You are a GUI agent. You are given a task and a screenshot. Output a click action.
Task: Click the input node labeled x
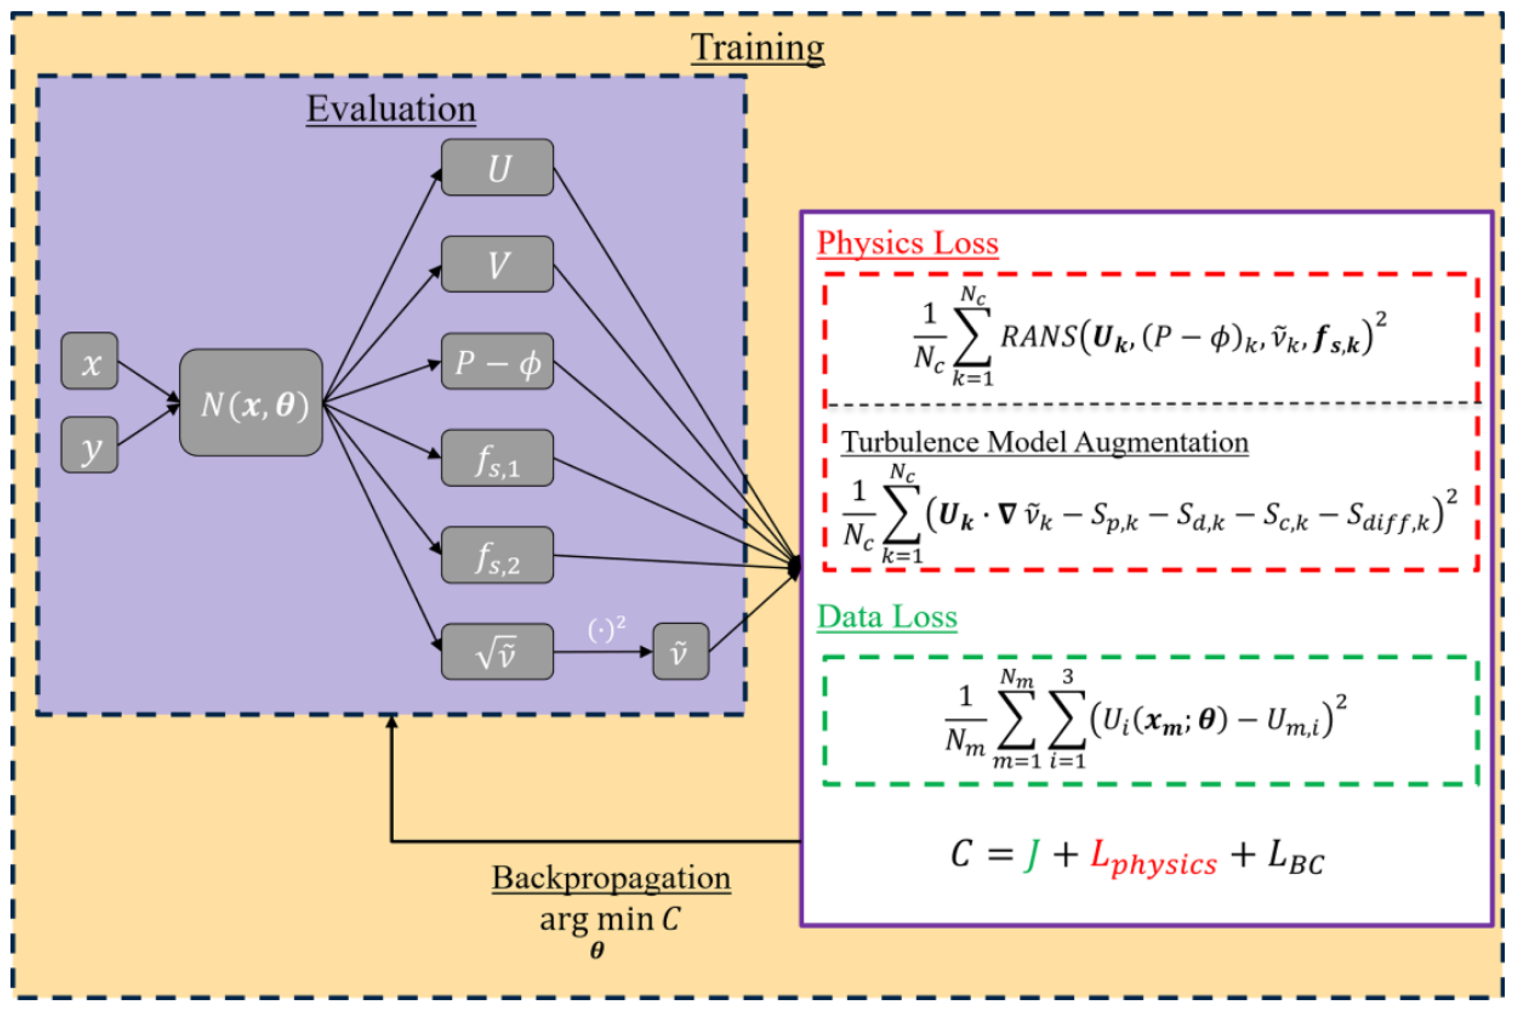tap(89, 361)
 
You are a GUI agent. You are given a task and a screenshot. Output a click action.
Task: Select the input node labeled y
tap(89, 445)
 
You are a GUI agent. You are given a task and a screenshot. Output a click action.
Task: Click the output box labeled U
tap(497, 167)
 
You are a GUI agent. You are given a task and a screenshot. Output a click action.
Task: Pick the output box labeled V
tap(497, 264)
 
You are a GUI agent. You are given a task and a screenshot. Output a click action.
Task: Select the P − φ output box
tap(497, 361)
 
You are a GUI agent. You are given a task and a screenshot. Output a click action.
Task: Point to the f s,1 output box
tap(497, 458)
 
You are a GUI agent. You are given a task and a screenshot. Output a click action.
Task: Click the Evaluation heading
tap(391, 108)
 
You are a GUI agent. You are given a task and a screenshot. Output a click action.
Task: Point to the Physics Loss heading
tap(907, 244)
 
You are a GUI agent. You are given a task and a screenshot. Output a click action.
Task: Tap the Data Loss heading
tap(887, 616)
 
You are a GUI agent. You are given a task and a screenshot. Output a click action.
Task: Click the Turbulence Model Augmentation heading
tap(1044, 443)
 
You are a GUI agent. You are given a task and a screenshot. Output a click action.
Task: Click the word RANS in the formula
tap(1037, 336)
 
